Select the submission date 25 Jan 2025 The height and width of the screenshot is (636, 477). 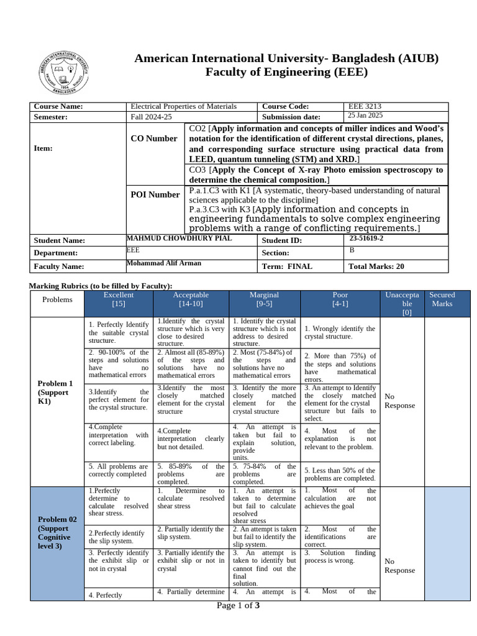[x=365, y=116]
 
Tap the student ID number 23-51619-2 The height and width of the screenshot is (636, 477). [x=366, y=238]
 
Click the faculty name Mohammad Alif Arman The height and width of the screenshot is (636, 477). [x=164, y=263]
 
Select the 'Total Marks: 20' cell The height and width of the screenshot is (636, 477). [x=377, y=266]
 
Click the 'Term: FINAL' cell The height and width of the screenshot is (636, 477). [x=287, y=266]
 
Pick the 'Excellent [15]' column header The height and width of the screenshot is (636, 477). [x=119, y=299]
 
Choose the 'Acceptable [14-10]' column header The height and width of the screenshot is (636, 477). [x=191, y=299]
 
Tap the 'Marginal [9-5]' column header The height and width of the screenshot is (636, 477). [x=264, y=299]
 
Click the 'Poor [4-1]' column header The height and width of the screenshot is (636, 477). [x=340, y=299]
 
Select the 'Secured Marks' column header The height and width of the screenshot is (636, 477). [x=442, y=299]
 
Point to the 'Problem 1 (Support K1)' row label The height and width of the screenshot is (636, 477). [x=55, y=393]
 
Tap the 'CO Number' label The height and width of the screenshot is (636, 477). [x=153, y=139]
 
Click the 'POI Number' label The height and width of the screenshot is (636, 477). [x=155, y=194]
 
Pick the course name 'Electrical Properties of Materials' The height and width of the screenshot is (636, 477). [x=183, y=107]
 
